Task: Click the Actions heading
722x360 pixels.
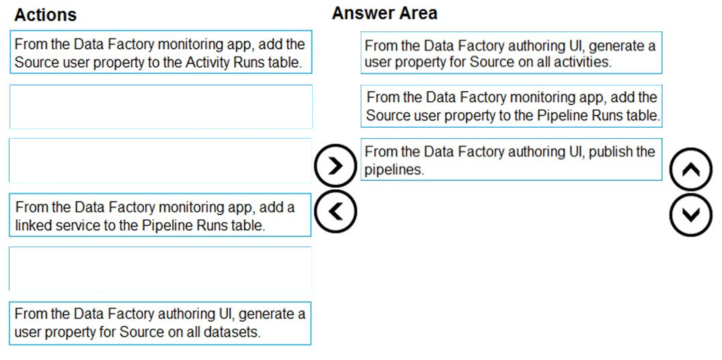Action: tap(45, 15)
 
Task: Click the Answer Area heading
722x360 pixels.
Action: tap(385, 13)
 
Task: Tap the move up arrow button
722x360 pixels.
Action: tap(691, 169)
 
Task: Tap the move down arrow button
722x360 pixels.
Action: tap(691, 214)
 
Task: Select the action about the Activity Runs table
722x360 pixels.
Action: tap(161, 52)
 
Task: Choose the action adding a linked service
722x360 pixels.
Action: tap(161, 215)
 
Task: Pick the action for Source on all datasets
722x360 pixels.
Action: tap(161, 323)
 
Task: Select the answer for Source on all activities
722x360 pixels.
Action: tap(511, 53)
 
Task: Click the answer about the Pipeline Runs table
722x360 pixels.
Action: tap(511, 106)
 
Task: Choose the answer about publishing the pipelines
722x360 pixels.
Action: tap(511, 159)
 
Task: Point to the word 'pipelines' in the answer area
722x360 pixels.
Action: tap(393, 170)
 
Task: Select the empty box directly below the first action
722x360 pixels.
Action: tap(161, 107)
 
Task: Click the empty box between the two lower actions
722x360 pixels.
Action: tap(161, 269)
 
